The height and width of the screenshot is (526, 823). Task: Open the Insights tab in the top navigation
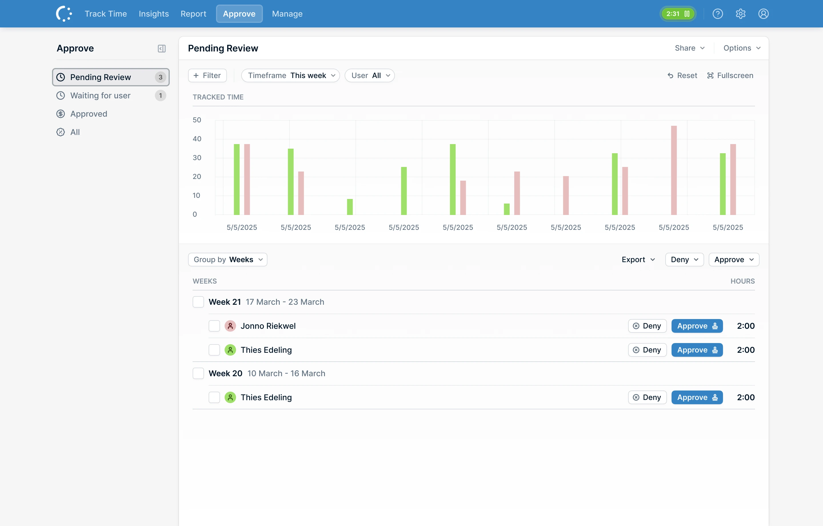(153, 14)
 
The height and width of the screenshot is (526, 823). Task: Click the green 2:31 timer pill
(678, 14)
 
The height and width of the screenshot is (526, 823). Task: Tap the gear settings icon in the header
(740, 14)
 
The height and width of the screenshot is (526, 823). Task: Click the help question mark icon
(717, 14)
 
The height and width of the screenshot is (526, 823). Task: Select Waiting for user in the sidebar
(100, 95)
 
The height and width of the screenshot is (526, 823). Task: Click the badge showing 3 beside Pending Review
(160, 77)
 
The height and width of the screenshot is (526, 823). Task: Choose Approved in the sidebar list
(89, 114)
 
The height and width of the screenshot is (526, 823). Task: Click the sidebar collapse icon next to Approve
(162, 49)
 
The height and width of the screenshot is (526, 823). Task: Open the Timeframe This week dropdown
(291, 75)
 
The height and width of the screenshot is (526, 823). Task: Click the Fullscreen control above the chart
(730, 75)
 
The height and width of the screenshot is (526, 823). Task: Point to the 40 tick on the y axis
(197, 139)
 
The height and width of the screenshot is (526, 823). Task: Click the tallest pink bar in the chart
(674, 170)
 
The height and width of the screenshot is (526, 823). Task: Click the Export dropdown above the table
(638, 260)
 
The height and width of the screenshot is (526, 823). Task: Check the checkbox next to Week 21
(198, 302)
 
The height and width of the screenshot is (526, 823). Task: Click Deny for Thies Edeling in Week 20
(647, 397)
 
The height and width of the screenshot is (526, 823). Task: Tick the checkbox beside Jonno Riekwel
(214, 326)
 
